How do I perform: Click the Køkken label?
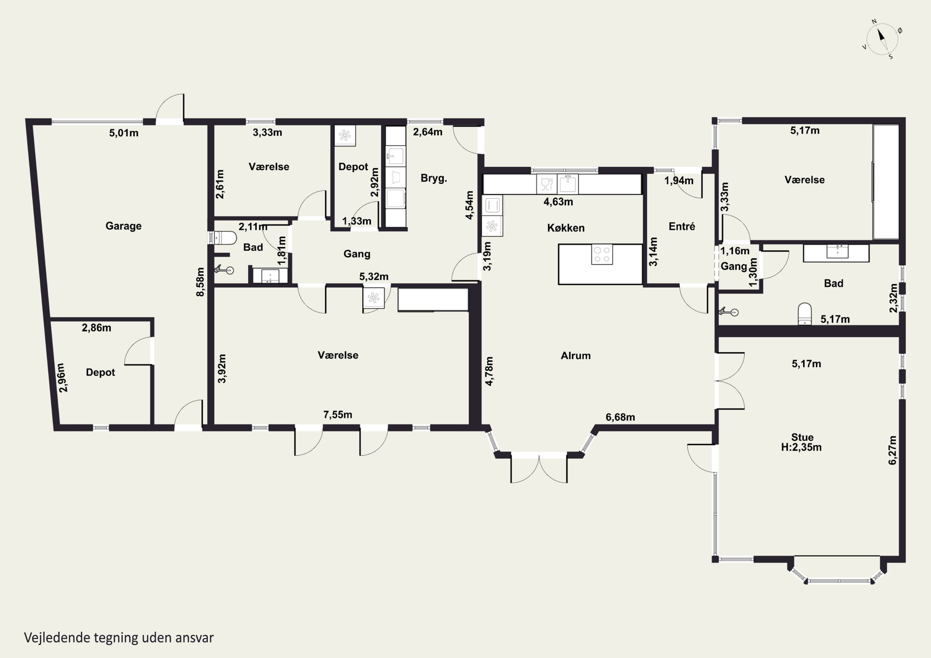coord(566,228)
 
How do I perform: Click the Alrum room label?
coord(575,356)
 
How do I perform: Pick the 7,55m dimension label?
coord(337,415)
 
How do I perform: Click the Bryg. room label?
coord(434,178)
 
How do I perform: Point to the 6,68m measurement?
coord(620,417)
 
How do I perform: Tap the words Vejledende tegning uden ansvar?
coord(119,638)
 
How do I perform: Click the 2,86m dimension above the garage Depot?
coord(97,328)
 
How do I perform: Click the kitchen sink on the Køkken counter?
coord(568,184)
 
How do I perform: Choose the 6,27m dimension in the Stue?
coord(893,450)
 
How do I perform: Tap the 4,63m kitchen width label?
coord(558,201)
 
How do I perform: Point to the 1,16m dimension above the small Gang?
coord(735,251)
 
